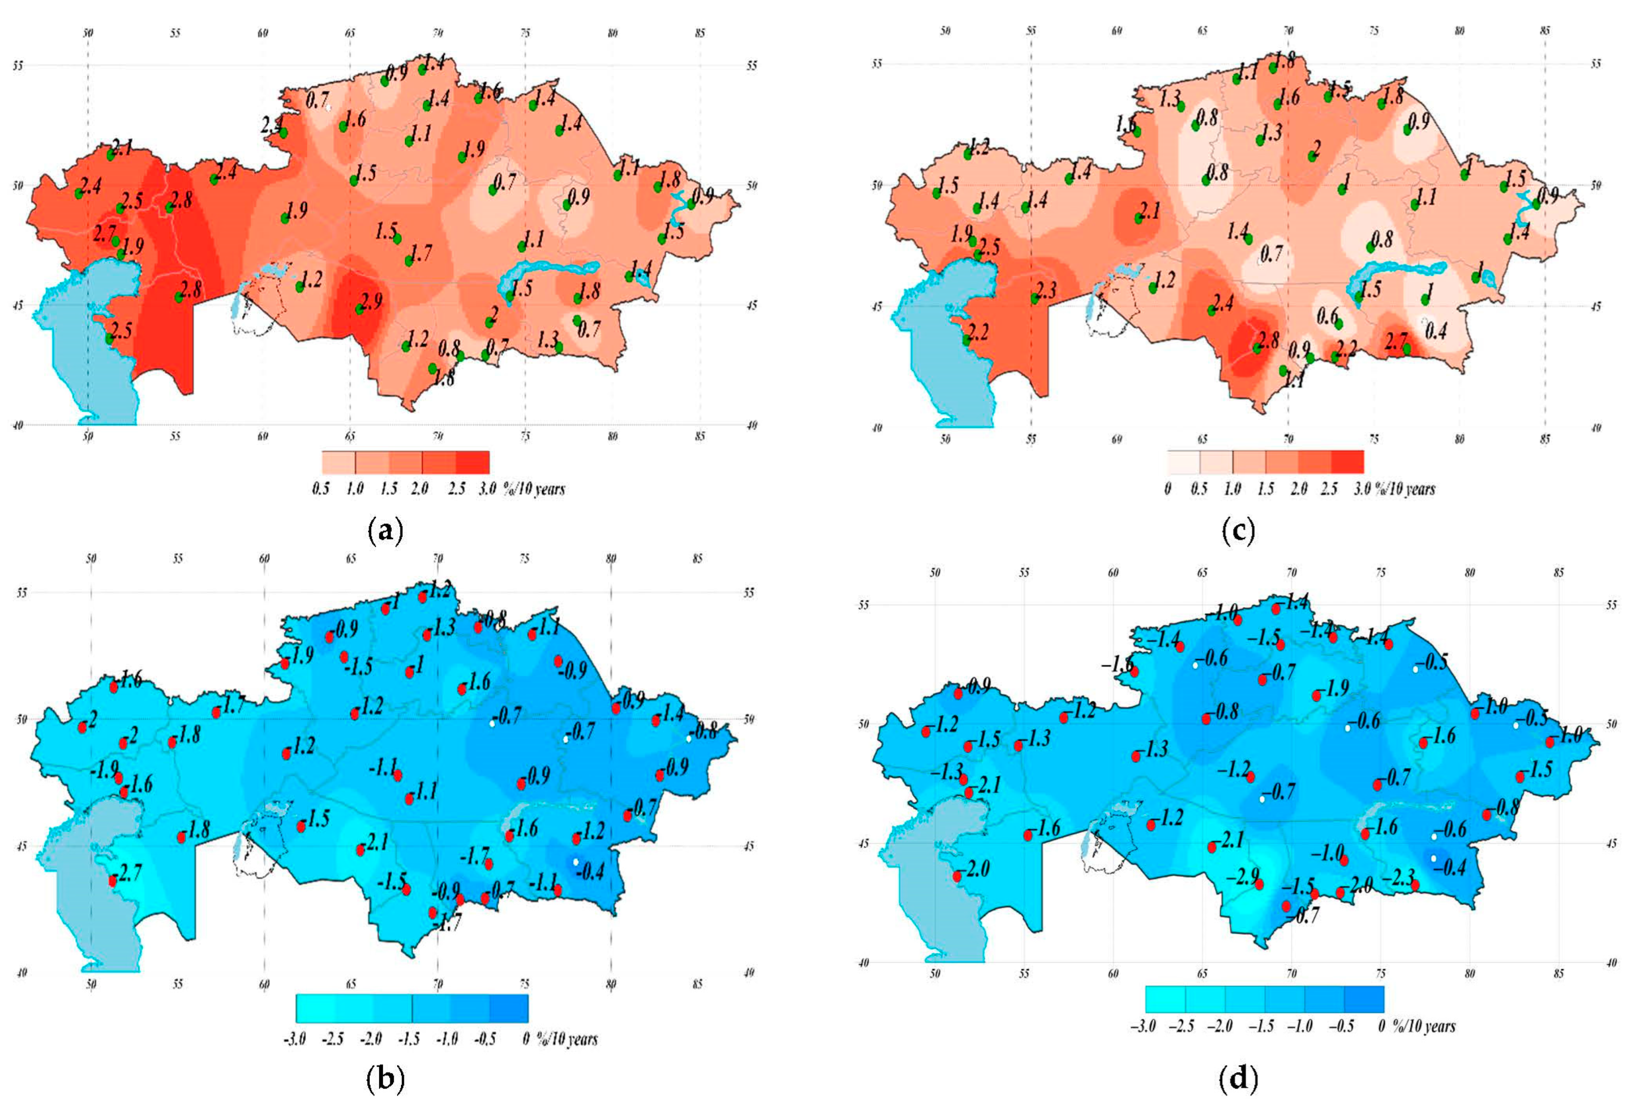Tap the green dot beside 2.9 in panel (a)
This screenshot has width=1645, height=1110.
[x=359, y=310]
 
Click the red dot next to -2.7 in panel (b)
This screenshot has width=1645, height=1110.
[x=112, y=881]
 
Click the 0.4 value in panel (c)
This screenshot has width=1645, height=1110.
[x=1436, y=330]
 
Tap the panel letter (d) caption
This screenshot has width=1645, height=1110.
[x=1238, y=1080]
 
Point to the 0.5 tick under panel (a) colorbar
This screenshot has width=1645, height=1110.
[x=321, y=488]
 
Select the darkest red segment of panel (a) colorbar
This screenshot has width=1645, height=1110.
[x=472, y=462]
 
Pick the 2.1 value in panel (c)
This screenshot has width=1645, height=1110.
[x=1150, y=210]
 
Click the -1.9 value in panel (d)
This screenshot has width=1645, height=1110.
[x=1335, y=688]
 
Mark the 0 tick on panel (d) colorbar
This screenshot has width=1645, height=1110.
[x=1382, y=1026]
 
